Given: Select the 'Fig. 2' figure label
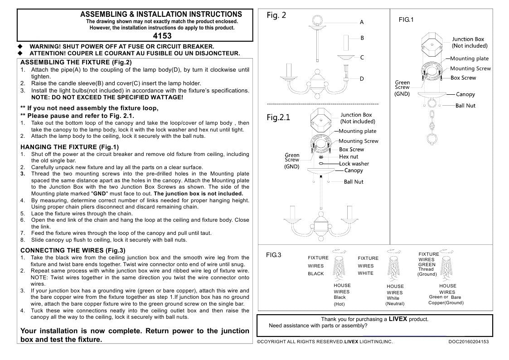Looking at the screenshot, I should coord(276,15).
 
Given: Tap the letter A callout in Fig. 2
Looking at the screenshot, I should coord(362,22).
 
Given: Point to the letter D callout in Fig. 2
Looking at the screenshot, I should coord(362,79).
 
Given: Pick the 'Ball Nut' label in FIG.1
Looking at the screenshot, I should coord(465,106).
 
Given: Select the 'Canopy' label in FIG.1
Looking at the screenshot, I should coord(465,94).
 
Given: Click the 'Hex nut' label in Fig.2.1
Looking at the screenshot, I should coord(349,157).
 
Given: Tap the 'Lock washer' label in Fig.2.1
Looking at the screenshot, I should coord(354,164).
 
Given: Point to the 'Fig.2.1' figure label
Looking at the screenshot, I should coord(278,118).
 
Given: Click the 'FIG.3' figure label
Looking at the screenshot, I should coord(273,255).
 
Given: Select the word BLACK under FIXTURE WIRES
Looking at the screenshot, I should coord(316,274).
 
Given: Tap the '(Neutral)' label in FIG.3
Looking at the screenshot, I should coord(395,304).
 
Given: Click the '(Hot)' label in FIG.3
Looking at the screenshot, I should coord(339,304).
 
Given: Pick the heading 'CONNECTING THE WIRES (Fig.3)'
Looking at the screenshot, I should coord(73,250).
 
